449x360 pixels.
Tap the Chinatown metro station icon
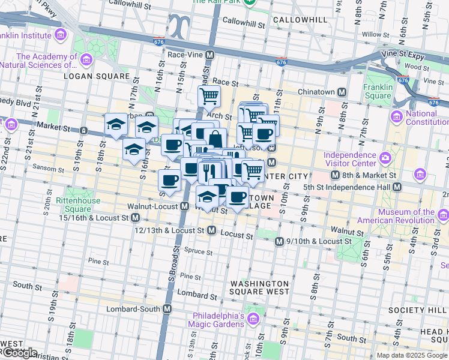tap(342, 92)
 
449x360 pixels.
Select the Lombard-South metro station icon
tap(167, 309)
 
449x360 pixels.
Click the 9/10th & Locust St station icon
tap(279, 241)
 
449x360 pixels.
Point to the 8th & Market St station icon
tap(336, 175)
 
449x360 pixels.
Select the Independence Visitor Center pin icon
tap(384, 159)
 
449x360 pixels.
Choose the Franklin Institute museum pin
tap(60, 35)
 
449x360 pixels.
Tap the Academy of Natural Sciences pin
tap(86, 60)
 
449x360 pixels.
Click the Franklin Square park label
tap(378, 91)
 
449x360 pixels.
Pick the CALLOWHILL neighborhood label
tap(300, 20)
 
